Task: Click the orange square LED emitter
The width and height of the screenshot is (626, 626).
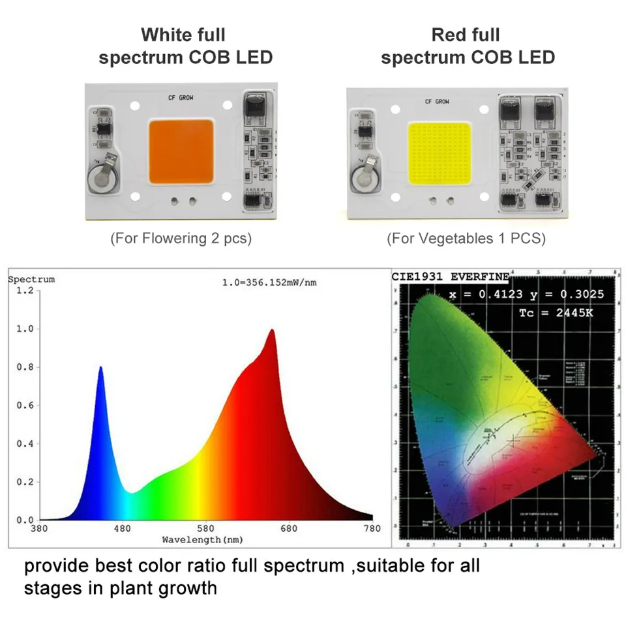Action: pyautogui.click(x=181, y=151)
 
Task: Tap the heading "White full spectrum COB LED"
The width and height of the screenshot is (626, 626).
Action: pyautogui.click(x=185, y=46)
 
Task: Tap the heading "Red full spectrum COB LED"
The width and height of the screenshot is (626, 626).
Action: pyautogui.click(x=468, y=46)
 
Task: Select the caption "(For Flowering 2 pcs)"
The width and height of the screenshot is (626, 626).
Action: pyautogui.click(x=181, y=239)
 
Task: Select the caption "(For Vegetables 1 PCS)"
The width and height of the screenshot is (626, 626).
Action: pyautogui.click(x=466, y=239)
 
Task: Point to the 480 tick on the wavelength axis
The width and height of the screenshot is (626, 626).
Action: pyautogui.click(x=123, y=528)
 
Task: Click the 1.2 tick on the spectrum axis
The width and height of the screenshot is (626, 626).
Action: pyautogui.click(x=24, y=290)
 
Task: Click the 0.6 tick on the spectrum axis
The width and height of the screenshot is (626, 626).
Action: pyautogui.click(x=24, y=406)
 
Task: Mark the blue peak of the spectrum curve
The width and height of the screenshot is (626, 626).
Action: pyautogui.click(x=101, y=368)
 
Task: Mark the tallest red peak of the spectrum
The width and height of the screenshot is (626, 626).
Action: pyautogui.click(x=271, y=330)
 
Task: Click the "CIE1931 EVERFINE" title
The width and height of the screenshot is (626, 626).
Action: pyautogui.click(x=450, y=276)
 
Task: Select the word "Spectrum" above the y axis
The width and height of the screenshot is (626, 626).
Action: pyautogui.click(x=31, y=280)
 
